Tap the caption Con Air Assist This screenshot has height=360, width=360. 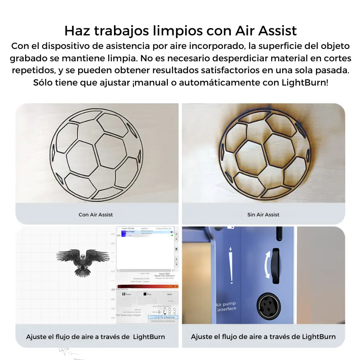point(95,214)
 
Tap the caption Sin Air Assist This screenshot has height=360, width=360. point(263,214)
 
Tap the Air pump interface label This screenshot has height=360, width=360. point(227,307)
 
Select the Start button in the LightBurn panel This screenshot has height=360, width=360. point(170,295)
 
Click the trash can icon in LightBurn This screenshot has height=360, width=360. point(177,249)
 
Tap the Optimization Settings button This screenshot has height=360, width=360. point(163,321)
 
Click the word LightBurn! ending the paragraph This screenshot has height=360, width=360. point(305,82)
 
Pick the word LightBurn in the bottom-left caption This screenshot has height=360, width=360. point(149,337)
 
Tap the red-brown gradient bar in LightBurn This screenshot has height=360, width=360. point(147,286)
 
